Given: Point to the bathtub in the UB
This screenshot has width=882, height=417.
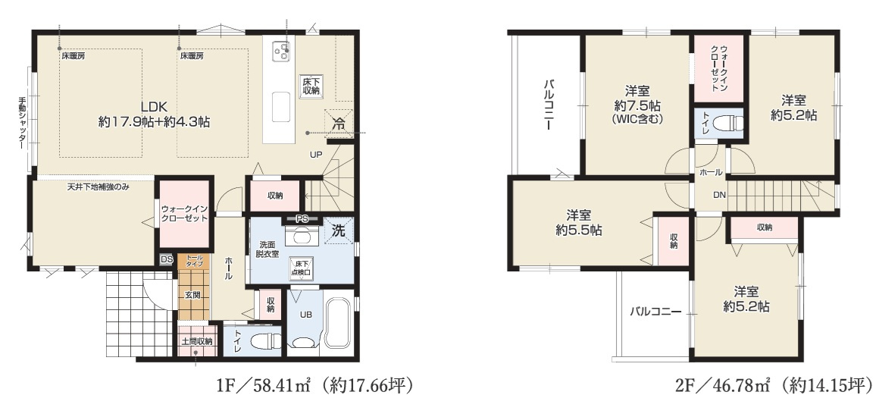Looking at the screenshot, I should [x=336, y=321].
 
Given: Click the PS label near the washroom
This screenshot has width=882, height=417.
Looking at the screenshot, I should [x=302, y=220].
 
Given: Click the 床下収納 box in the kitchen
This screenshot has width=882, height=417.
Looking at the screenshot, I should [x=310, y=86].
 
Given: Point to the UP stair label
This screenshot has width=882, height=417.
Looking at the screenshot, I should [x=316, y=155].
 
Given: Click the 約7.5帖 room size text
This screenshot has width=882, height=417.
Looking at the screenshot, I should [x=635, y=105].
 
